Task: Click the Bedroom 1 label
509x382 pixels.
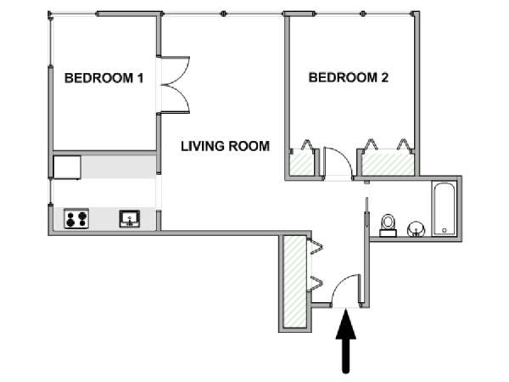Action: tap(103, 78)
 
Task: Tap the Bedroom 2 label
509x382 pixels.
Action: tap(349, 77)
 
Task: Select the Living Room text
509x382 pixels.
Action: tap(226, 146)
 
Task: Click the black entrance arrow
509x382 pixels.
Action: tap(346, 341)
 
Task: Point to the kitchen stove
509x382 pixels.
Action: tap(76, 218)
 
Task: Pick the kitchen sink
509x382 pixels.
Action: tap(130, 219)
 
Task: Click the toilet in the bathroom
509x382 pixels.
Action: tap(388, 225)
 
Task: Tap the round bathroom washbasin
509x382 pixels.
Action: tap(416, 229)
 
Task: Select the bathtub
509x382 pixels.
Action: tap(444, 209)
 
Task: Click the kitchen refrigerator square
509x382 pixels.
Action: tap(67, 167)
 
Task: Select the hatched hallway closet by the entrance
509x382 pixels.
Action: tap(294, 282)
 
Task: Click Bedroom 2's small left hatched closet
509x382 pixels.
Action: tap(301, 164)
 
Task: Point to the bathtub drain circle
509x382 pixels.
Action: tap(444, 230)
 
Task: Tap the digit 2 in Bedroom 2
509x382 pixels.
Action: tap(384, 77)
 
